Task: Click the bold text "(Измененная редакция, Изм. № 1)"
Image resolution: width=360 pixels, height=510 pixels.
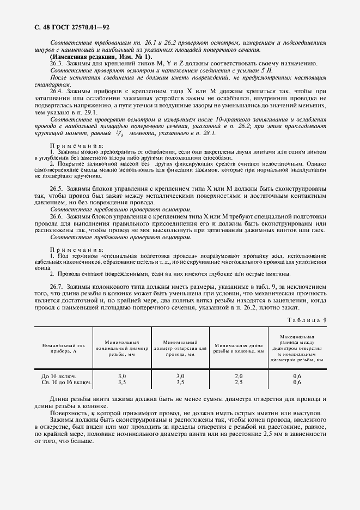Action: tap(101, 57)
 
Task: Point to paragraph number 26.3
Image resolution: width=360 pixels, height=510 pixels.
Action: tap(56, 63)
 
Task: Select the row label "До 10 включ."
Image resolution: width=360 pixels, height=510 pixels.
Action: tap(59, 377)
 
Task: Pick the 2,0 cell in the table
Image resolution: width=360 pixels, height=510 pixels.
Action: tap(239, 377)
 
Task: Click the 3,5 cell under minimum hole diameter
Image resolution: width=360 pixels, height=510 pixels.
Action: tap(180, 382)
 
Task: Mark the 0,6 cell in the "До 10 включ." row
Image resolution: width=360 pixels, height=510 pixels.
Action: tap(297, 377)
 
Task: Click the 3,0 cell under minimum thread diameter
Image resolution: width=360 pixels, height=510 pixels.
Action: tap(122, 377)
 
